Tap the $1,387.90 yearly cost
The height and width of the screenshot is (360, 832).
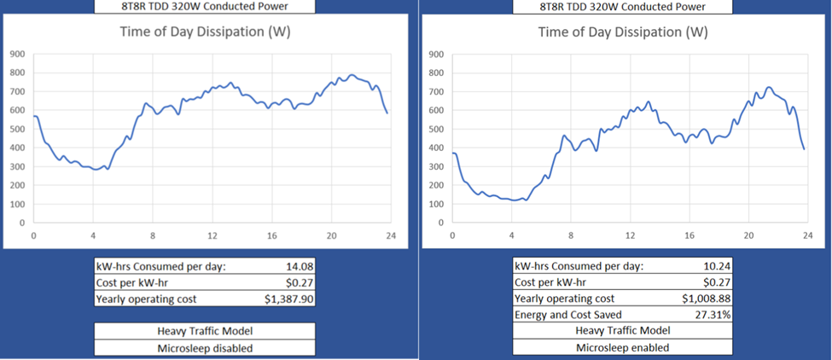click(286, 299)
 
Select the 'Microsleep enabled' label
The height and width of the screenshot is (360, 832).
click(621, 347)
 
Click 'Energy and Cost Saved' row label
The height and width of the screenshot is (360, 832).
click(567, 315)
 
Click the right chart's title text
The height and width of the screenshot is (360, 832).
click(622, 33)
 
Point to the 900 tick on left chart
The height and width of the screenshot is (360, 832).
click(17, 54)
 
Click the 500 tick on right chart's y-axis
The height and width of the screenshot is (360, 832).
click(435, 129)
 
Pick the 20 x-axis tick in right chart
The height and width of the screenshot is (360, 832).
click(748, 236)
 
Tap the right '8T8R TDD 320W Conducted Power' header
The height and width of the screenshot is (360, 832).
click(622, 6)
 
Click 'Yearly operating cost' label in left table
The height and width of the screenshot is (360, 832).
click(147, 299)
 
